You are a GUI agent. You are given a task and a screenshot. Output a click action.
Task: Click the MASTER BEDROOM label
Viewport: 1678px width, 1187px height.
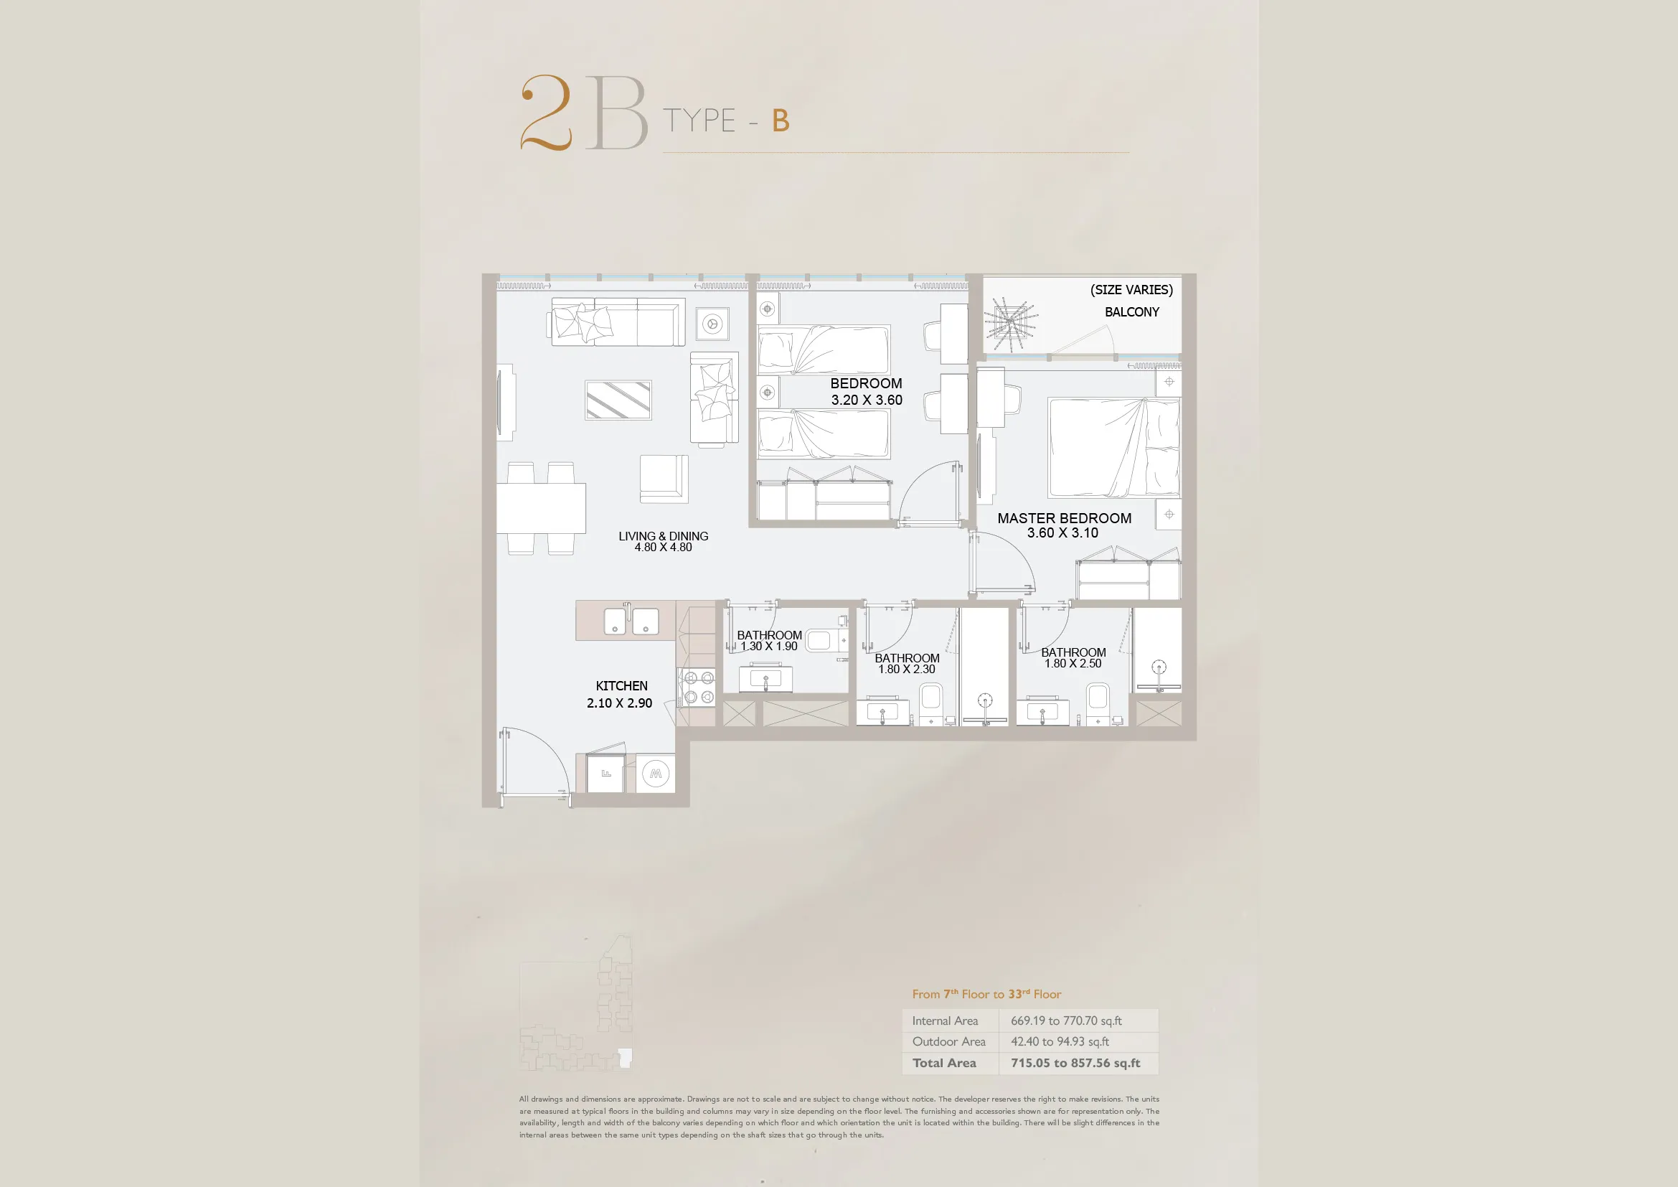(x=1064, y=518)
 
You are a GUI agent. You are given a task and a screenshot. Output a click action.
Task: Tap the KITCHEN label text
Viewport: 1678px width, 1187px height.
(x=621, y=685)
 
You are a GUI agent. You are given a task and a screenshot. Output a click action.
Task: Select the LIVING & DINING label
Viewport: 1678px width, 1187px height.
(x=663, y=536)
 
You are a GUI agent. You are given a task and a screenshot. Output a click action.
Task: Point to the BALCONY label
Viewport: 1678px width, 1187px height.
(x=1131, y=312)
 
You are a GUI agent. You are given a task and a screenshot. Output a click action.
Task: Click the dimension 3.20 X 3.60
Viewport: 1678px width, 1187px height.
(x=867, y=400)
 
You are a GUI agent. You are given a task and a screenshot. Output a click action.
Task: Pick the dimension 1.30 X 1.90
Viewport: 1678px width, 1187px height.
(x=769, y=646)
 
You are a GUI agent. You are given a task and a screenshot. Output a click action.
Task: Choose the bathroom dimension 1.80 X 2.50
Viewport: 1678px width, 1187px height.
(x=1073, y=664)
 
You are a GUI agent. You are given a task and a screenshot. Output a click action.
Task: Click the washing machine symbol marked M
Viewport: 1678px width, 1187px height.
(x=656, y=774)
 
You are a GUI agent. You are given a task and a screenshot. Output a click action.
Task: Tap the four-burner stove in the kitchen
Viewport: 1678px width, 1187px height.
(x=697, y=688)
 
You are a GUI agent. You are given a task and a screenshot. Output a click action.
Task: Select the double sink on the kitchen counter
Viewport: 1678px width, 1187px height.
(x=631, y=621)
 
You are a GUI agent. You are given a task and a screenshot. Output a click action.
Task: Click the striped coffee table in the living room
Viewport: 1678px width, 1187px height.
(x=618, y=400)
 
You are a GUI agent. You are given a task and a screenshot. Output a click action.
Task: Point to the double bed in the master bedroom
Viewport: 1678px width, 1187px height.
(x=1114, y=447)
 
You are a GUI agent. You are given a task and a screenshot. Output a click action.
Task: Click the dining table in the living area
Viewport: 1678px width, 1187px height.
(x=541, y=508)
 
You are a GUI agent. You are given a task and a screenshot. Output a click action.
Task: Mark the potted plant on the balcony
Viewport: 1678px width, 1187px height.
(x=1010, y=322)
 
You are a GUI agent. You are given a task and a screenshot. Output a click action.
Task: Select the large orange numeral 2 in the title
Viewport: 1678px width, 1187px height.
(x=546, y=113)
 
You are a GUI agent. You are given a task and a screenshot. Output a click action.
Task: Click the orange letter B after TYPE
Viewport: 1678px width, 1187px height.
(x=781, y=121)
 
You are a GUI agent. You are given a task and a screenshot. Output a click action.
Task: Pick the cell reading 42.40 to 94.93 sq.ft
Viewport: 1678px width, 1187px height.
(x=1060, y=1041)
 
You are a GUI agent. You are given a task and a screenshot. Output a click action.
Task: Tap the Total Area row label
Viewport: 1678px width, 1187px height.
(x=944, y=1063)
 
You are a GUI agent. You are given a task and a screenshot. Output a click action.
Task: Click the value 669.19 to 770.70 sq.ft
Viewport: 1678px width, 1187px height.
(x=1066, y=1021)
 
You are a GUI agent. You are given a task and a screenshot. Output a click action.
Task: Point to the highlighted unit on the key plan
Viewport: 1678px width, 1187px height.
(x=625, y=1058)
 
